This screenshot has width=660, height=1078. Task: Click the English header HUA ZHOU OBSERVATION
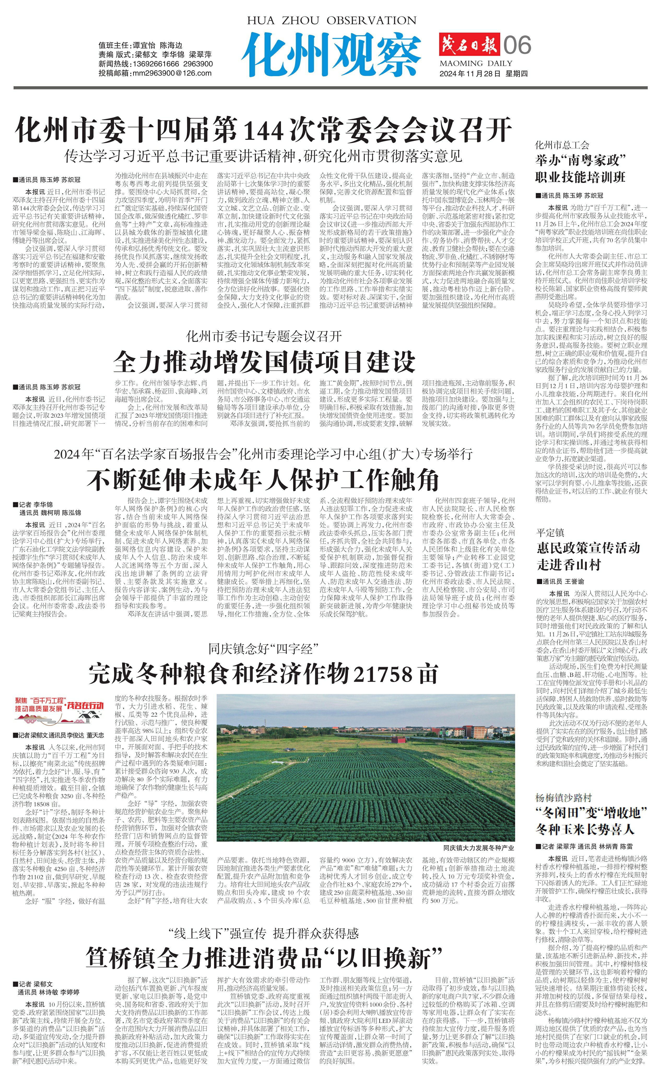coord(331,21)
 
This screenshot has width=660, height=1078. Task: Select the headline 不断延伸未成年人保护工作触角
coord(263,480)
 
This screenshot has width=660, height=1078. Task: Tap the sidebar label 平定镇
coord(550,532)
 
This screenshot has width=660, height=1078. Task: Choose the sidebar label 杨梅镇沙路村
coord(563,797)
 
